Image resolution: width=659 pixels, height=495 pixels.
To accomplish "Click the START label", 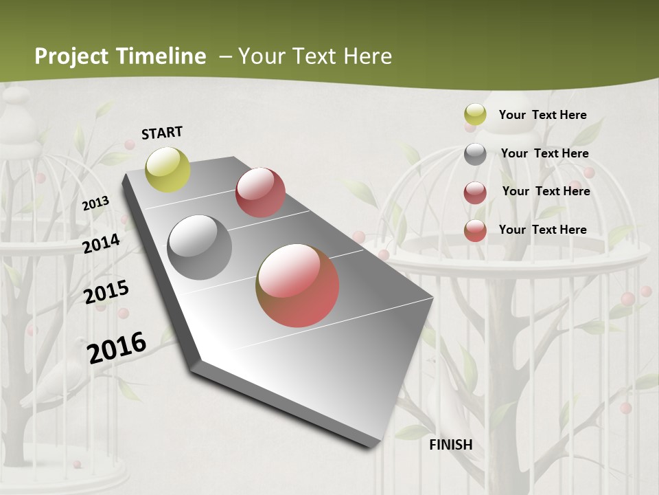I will (162, 133).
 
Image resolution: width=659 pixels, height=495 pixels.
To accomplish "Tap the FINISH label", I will (451, 445).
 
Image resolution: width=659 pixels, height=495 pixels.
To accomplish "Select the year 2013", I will (95, 203).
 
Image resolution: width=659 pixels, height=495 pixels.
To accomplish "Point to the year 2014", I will (102, 243).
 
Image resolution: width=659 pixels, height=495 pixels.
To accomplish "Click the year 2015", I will (106, 292).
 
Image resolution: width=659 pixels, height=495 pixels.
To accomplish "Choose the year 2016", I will (117, 348).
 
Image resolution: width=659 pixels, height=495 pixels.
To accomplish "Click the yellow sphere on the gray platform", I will (168, 169).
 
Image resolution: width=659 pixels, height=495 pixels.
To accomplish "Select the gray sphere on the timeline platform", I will (200, 247).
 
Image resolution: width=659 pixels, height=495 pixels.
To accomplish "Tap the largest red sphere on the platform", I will (297, 285).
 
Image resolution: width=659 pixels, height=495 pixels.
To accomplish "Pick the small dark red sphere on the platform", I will (260, 192).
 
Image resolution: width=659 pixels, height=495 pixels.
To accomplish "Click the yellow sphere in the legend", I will (475, 115).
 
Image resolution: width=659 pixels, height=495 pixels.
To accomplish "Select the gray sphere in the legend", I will (475, 153).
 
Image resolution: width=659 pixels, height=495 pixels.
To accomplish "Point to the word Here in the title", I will (367, 56).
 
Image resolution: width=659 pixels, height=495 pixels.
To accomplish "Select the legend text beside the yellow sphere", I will (542, 115).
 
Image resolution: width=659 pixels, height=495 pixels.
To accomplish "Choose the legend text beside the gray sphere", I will (544, 153).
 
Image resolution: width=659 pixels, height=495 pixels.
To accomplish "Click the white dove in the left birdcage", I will (58, 382).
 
